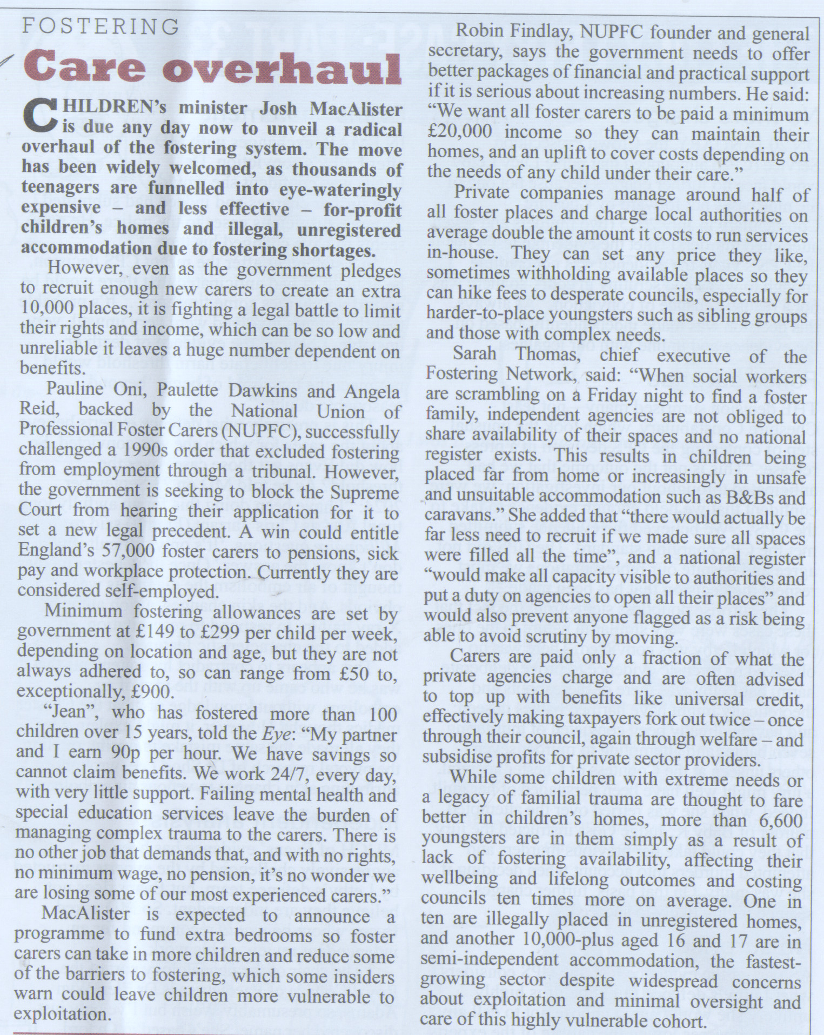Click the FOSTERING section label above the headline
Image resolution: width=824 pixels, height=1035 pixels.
pos(101,26)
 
